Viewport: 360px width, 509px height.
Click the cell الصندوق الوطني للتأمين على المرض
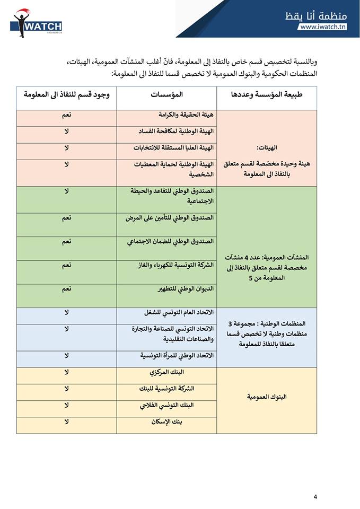(170, 218)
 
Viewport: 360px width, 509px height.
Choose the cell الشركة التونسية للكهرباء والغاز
(170, 265)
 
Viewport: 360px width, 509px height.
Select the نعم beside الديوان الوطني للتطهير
(67, 289)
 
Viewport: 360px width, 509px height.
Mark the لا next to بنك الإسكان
(67, 422)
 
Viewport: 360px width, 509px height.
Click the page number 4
(315, 497)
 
